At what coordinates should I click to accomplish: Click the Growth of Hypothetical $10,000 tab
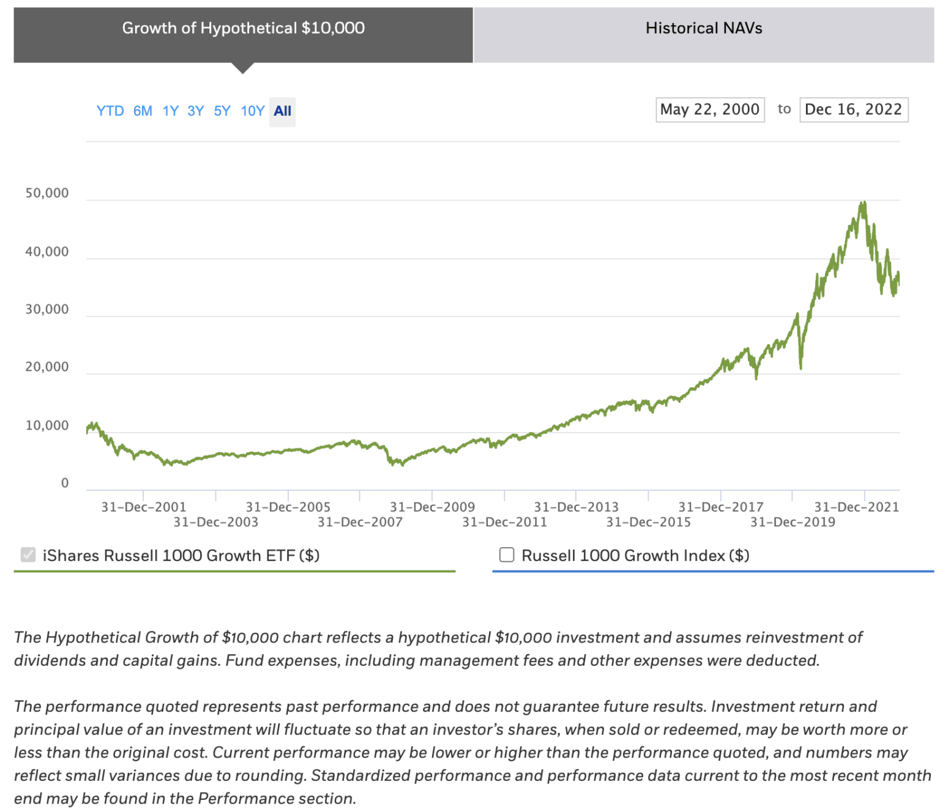click(x=243, y=29)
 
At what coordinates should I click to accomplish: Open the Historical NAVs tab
click(x=704, y=29)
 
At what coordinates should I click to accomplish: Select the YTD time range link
click(x=110, y=111)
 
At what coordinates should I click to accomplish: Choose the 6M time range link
click(x=143, y=111)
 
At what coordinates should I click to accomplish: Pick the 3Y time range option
click(x=195, y=111)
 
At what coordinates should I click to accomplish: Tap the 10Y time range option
click(x=252, y=111)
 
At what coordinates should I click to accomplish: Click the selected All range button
click(x=282, y=111)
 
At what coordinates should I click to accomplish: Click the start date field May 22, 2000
click(x=709, y=110)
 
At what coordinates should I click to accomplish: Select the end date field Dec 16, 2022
click(x=853, y=110)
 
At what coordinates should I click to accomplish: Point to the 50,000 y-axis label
click(x=47, y=193)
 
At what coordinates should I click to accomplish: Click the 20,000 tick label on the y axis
click(x=47, y=367)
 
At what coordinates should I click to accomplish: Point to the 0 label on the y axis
click(x=65, y=483)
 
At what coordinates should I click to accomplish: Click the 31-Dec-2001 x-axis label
click(x=144, y=507)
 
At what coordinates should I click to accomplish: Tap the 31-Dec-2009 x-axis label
click(x=432, y=507)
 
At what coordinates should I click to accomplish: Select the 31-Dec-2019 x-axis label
click(x=793, y=522)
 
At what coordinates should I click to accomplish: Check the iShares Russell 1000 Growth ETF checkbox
click(x=28, y=555)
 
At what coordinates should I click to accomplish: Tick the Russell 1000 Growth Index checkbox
click(x=507, y=555)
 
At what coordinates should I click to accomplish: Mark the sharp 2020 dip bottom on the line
click(x=800, y=367)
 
